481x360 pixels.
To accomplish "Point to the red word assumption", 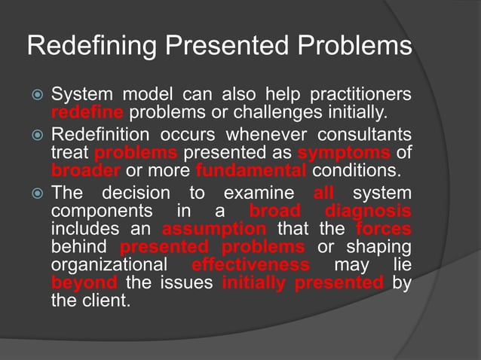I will point(214,227).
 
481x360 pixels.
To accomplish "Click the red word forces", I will point(385,227).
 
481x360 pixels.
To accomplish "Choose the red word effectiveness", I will point(250,265).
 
